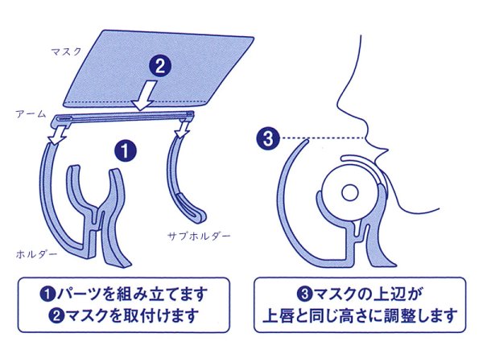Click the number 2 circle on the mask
[x=159, y=67]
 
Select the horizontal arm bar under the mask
[x=121, y=117]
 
